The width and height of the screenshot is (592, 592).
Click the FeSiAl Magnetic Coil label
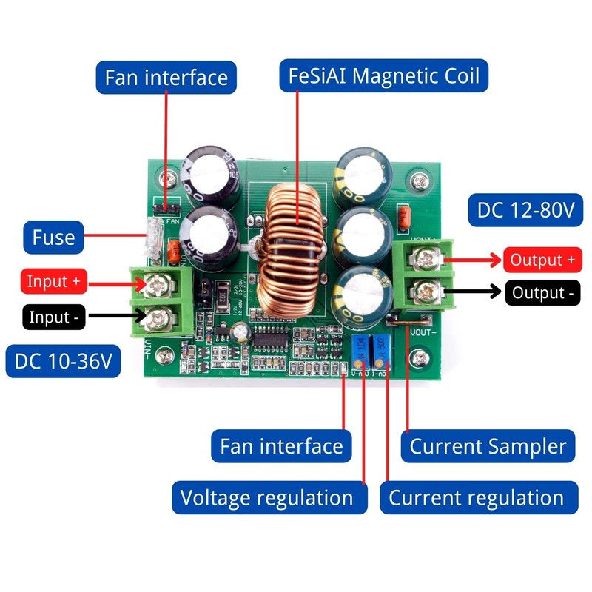(383, 75)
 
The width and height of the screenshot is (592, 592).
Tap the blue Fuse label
(53, 238)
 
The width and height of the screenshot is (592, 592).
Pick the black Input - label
(54, 317)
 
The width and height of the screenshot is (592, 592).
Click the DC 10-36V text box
(64, 361)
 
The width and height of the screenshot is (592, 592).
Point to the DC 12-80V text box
(525, 210)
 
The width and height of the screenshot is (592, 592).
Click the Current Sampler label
(488, 446)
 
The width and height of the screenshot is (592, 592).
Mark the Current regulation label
(477, 497)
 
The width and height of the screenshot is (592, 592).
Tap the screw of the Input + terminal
(158, 281)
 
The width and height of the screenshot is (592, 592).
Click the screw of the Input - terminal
(158, 319)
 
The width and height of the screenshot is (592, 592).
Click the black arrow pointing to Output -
(474, 293)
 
